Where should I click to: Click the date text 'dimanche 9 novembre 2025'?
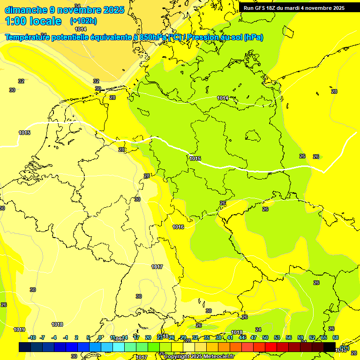(64, 10)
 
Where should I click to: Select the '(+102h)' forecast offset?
(84, 21)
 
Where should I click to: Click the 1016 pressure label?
(178, 227)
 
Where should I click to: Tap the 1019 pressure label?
(19, 330)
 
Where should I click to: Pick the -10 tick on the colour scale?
(32, 337)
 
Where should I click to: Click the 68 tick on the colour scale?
(336, 337)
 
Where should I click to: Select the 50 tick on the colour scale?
(265, 337)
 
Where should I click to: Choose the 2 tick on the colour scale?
(77, 337)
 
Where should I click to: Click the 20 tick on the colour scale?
(148, 337)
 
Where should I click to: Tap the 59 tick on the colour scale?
(300, 337)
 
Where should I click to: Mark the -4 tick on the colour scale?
(54, 337)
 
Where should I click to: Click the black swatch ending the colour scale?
(330, 347)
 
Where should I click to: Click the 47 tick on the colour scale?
(254, 337)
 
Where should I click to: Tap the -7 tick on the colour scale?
(42, 337)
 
